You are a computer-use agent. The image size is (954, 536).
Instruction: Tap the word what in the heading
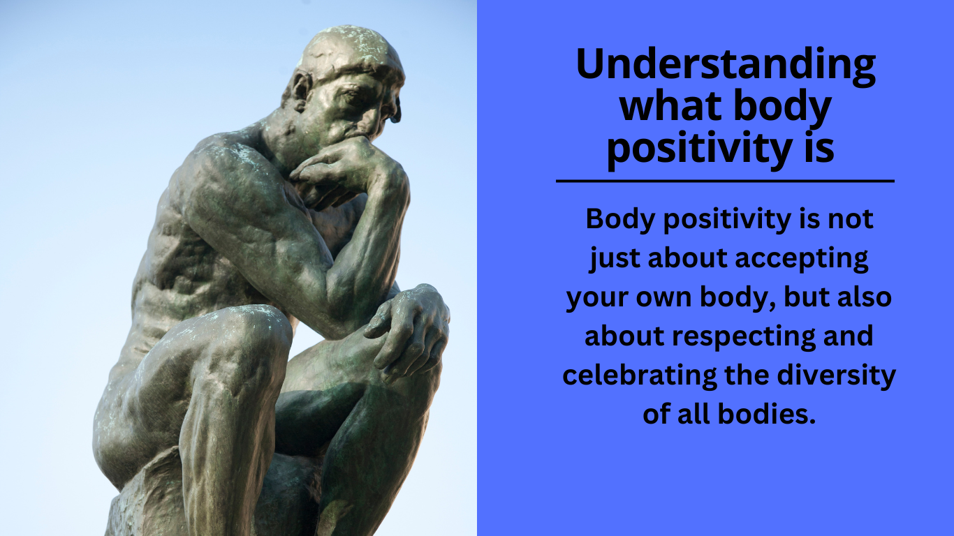tap(663, 107)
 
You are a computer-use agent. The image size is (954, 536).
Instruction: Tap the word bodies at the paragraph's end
tap(772, 415)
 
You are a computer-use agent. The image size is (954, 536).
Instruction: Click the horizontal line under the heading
tap(725, 181)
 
